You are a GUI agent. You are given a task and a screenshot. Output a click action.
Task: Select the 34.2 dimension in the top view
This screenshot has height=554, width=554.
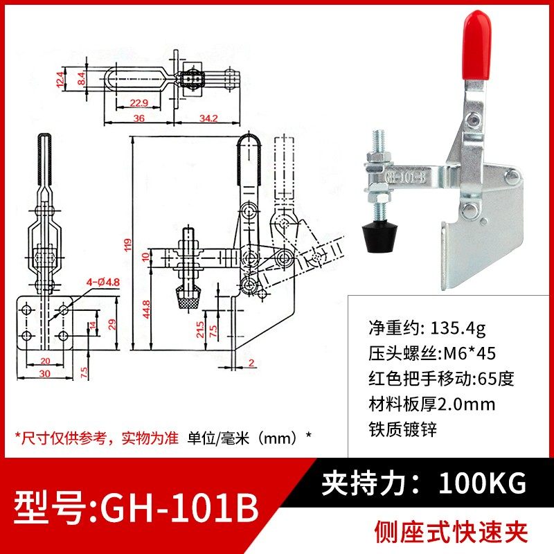point(207,118)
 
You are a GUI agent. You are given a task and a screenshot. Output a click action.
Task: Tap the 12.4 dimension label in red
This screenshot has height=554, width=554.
point(61,78)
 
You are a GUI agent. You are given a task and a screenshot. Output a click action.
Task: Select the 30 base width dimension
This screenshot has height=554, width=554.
point(43,373)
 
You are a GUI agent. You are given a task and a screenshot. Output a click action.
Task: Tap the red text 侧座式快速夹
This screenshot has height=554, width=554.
point(451,532)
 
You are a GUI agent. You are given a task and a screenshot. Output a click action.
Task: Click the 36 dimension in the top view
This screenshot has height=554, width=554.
point(138,118)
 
